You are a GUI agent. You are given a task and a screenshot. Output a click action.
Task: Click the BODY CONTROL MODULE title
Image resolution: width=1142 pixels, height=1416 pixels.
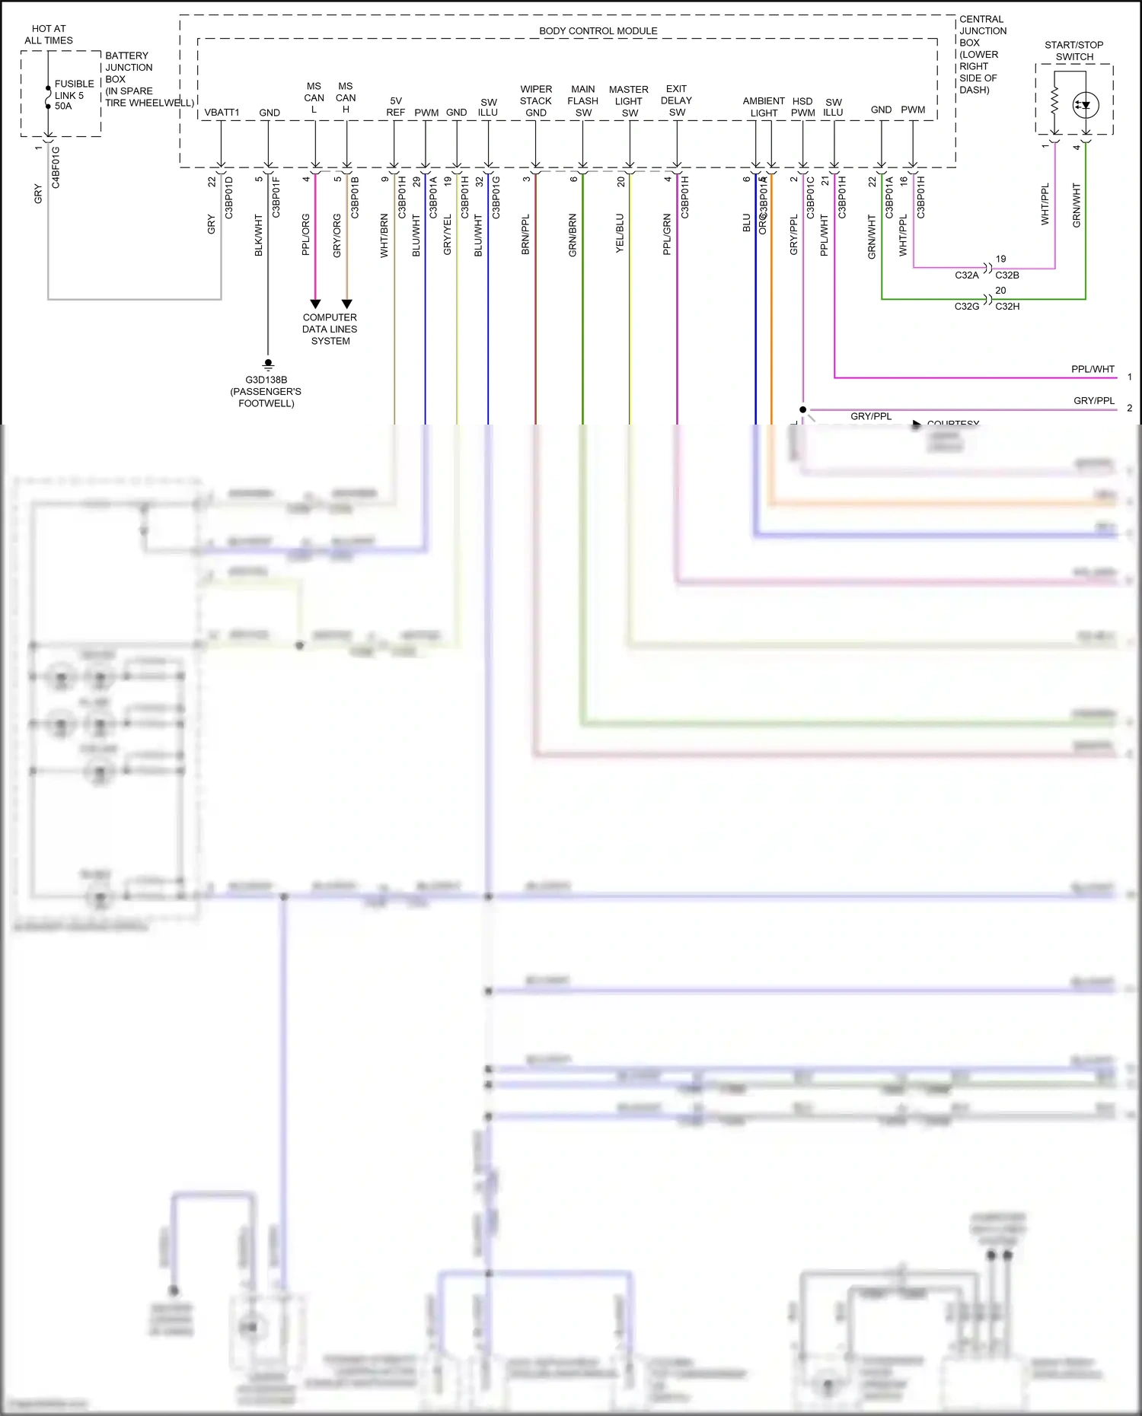click(x=598, y=31)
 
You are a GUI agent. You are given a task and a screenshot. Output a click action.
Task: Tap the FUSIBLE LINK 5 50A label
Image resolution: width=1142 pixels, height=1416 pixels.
click(x=74, y=95)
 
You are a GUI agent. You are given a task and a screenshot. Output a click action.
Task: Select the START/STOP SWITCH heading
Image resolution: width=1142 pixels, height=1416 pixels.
click(x=1073, y=51)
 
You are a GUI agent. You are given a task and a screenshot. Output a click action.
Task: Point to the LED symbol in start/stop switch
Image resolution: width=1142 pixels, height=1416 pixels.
click(x=1086, y=105)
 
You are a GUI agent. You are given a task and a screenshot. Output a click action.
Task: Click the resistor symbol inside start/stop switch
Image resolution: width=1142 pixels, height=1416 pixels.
click(x=1054, y=101)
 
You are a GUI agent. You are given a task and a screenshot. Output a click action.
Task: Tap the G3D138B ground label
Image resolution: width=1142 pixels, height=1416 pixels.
click(x=266, y=380)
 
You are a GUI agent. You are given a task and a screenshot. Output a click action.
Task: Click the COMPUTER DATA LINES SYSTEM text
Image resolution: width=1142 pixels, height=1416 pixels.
click(x=330, y=329)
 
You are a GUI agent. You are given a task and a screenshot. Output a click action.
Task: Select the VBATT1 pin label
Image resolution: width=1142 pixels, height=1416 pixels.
click(x=222, y=113)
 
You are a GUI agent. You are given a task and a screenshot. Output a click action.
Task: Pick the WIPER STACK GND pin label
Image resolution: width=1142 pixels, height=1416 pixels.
click(x=536, y=100)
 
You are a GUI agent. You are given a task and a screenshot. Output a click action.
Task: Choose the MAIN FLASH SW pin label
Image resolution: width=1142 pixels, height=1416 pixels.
click(x=583, y=100)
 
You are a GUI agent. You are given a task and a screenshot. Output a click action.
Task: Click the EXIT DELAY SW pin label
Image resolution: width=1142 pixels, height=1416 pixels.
click(x=676, y=100)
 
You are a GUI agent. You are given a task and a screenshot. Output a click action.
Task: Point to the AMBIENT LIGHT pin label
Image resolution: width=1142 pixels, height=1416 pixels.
click(x=764, y=107)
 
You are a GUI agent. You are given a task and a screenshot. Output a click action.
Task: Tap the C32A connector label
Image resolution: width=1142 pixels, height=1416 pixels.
click(x=966, y=275)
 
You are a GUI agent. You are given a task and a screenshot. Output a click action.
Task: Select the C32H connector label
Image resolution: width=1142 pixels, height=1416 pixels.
click(x=1007, y=307)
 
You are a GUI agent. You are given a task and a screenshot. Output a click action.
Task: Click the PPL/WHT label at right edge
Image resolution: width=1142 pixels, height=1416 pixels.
click(x=1093, y=369)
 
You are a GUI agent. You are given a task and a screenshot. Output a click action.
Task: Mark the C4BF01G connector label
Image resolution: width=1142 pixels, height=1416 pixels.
click(x=56, y=167)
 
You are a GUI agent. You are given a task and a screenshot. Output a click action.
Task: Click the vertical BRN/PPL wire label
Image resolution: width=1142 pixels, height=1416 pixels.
click(x=525, y=234)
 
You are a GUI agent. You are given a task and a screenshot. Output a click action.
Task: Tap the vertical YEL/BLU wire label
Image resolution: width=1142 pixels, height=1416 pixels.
click(x=620, y=234)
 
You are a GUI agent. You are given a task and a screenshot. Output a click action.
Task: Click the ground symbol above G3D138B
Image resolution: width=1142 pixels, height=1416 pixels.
click(x=268, y=364)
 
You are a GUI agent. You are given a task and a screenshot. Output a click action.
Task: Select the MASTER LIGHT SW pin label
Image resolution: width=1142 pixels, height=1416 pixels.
click(x=629, y=101)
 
